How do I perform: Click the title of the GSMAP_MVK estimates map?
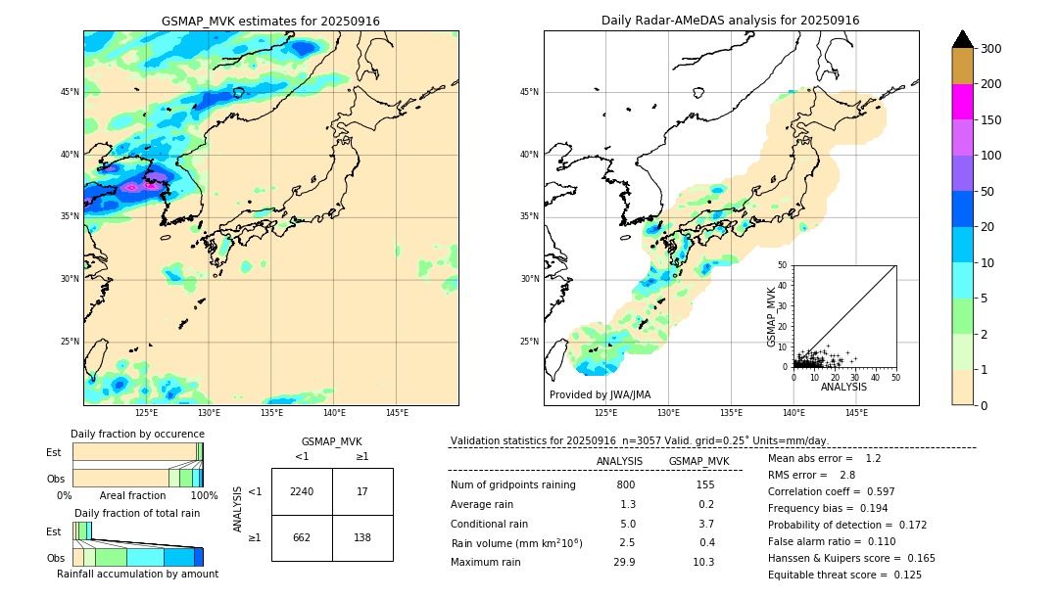tap(270, 21)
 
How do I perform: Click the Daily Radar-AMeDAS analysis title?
tap(730, 21)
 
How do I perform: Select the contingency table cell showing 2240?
tap(302, 491)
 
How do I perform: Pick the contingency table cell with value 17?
tap(362, 491)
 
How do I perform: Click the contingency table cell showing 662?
tap(302, 537)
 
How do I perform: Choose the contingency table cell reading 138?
tap(362, 537)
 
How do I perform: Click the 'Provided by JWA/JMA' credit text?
tap(600, 395)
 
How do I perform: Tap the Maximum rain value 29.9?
tap(624, 562)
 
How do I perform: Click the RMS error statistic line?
tap(813, 475)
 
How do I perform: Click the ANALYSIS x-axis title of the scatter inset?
tap(843, 387)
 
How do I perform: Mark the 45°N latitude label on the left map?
tap(70, 92)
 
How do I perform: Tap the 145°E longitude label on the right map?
tap(856, 413)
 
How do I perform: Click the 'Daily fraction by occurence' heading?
tap(137, 434)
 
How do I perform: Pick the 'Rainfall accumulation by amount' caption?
tap(137, 574)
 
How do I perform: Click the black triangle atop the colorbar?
tap(963, 39)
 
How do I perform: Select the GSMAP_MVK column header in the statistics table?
tap(698, 461)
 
